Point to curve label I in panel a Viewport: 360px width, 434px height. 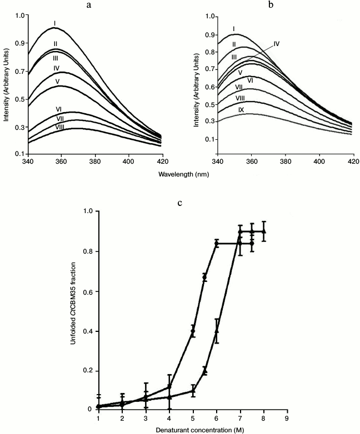tap(55, 23)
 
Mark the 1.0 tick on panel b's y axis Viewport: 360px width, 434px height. tap(209, 17)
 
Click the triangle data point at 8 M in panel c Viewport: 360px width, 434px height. tap(264, 231)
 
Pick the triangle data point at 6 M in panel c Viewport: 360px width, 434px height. tap(217, 331)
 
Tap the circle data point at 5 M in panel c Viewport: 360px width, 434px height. tap(193, 331)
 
